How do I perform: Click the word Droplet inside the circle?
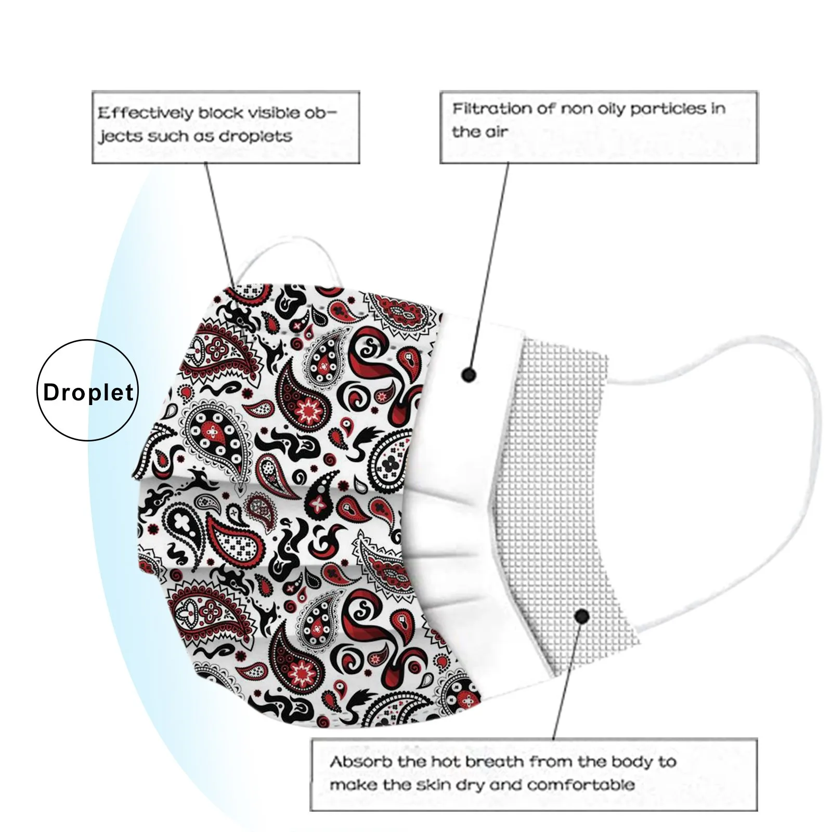88,393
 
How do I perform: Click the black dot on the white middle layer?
469,374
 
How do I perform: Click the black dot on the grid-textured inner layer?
582,617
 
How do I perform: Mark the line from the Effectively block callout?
221,224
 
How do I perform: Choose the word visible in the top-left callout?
276,113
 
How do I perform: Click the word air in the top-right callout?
496,132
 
